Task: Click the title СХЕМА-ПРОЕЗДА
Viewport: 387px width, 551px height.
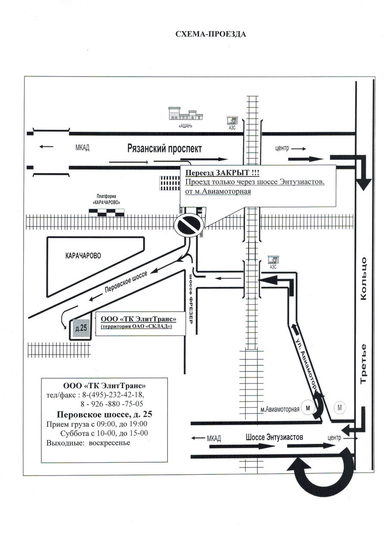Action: point(210,34)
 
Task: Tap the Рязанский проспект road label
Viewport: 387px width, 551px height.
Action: point(165,149)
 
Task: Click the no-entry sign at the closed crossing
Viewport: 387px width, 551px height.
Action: point(189,225)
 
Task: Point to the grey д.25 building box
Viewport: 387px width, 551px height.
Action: point(81,328)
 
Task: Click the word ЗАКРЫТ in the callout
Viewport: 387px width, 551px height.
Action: point(231,173)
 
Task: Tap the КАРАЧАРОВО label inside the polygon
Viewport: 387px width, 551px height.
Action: point(83,256)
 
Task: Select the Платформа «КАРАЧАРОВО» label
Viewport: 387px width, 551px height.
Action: point(106,199)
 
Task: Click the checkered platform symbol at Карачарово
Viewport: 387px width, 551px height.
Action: point(106,213)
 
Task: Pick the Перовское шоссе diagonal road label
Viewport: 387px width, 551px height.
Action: point(126,282)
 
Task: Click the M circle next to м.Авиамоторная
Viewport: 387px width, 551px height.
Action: point(308,408)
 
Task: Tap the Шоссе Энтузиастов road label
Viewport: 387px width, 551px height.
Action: point(274,437)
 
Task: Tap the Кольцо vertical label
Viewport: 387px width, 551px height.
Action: point(363,279)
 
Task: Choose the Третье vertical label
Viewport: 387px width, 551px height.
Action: point(363,364)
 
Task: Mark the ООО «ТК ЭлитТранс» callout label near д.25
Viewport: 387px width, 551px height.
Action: point(139,319)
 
